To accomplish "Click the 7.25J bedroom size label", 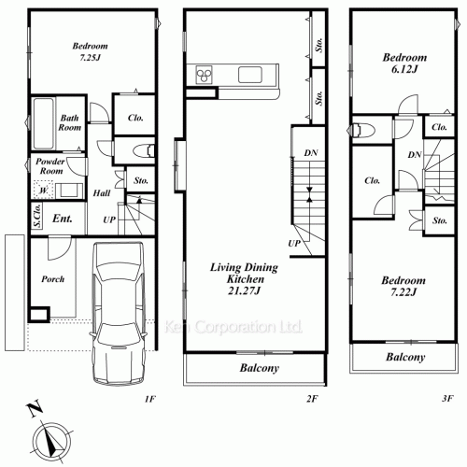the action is coord(90,58).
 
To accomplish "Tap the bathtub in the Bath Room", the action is coord(44,123).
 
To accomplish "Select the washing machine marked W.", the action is coord(43,190).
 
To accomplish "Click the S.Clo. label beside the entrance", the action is coord(37,216).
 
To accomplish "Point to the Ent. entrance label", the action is coord(63,219).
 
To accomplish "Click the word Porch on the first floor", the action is coord(53,279).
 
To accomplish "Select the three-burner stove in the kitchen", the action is coord(204,75).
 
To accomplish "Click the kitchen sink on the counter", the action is coord(250,75).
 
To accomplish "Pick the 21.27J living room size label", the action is coord(244,290).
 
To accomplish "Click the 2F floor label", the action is coord(312,398).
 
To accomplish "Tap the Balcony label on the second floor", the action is coord(260,368).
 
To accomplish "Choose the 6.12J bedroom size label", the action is coord(404,69).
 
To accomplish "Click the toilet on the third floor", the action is coord(361,131).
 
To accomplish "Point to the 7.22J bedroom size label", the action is coord(403,292).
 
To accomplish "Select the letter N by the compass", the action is coord(35,409).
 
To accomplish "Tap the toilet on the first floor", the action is coord(144,151).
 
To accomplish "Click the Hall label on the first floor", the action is coord(102,193).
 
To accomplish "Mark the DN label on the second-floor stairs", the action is coord(311,153).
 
